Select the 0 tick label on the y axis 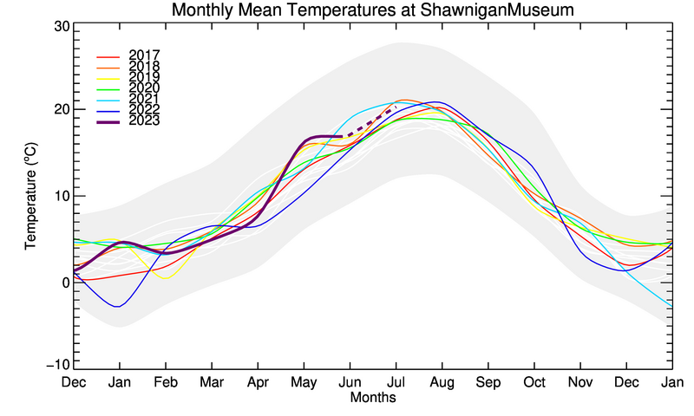tap(63, 283)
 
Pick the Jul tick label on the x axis tap(396, 382)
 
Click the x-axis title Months tap(373, 398)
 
